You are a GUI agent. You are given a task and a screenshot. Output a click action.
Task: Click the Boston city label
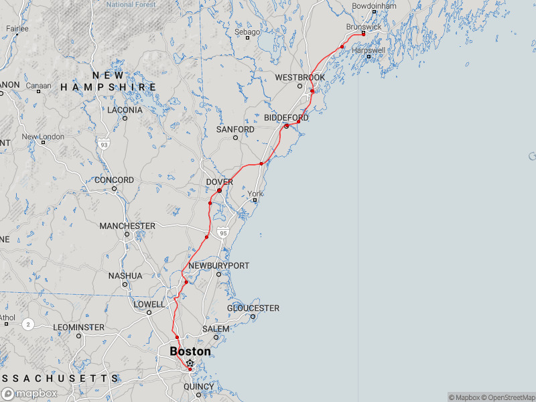point(190,351)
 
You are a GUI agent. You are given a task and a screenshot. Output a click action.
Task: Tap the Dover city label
point(220,182)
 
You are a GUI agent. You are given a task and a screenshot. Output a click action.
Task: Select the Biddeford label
point(286,118)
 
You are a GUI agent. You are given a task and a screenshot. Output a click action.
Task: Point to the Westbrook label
point(300,78)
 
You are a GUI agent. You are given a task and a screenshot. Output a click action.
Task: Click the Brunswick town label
point(363,27)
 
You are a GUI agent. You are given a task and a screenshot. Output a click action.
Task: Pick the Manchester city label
point(127,226)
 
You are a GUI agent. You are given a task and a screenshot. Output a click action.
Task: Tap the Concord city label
point(114,180)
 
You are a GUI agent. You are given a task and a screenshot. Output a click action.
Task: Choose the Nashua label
point(125,275)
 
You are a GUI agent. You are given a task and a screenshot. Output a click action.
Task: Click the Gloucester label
point(253,308)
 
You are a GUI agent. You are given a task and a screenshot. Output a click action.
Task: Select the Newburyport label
point(218,266)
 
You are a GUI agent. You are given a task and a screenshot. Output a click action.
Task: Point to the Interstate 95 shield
point(223,232)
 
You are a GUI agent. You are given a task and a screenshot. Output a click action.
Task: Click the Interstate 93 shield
point(103,144)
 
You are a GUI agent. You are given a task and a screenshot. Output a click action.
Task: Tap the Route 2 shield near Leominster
point(27,324)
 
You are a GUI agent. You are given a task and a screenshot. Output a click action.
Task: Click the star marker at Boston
point(190,363)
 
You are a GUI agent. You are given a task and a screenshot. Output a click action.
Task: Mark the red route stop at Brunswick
point(363,34)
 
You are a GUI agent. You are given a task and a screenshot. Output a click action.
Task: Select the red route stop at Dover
point(219,191)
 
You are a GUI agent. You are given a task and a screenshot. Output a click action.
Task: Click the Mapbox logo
point(29,394)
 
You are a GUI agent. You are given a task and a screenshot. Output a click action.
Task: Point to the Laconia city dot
point(125,119)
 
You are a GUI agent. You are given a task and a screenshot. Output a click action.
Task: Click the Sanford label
point(235,129)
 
